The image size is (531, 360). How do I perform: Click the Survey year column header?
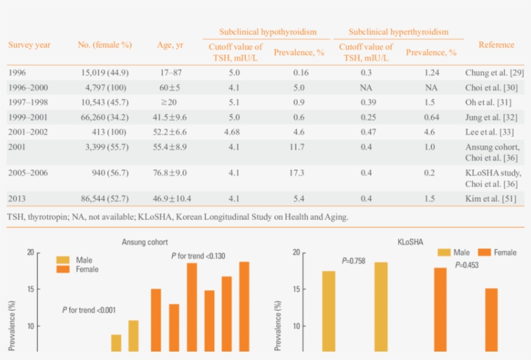click(x=29, y=45)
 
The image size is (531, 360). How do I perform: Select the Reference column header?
click(x=496, y=45)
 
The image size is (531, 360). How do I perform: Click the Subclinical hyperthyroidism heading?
click(x=398, y=32)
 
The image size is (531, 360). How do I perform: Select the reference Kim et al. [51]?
click(x=490, y=198)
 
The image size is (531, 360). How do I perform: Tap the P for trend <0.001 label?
click(x=89, y=310)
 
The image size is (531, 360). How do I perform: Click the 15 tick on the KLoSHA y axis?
click(x=296, y=289)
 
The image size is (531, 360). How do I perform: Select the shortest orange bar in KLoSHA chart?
click(x=491, y=321)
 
